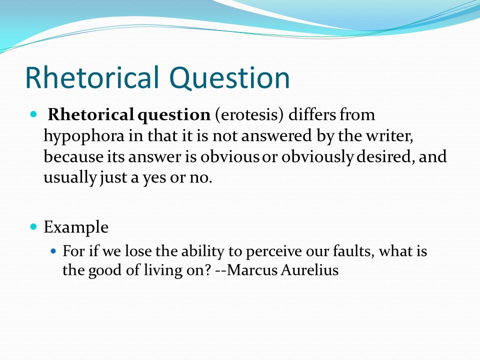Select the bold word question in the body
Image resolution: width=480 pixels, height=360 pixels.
(174, 115)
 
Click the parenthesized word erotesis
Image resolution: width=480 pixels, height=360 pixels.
(249, 115)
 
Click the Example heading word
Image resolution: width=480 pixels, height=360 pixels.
(76, 227)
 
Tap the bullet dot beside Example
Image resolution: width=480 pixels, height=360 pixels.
(33, 227)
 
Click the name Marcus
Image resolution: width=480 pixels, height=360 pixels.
(252, 270)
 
